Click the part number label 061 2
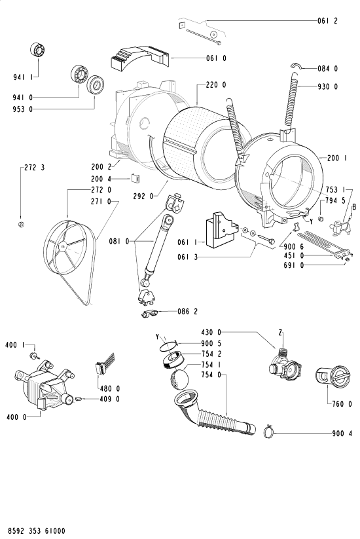pos(327,21)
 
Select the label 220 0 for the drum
pos(216,85)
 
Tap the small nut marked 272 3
pos(20,225)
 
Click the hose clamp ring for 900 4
pos(268,432)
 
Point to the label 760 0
pos(342,404)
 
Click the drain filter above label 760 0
pos(332,378)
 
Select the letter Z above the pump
pos(280,333)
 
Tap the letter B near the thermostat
pos(354,206)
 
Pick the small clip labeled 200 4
pos(135,178)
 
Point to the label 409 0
pos(109,399)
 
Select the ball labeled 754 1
pos(179,379)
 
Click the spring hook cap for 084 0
pos(295,65)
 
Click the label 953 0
pos(23,109)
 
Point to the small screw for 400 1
pos(33,356)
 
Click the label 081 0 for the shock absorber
pos(119,242)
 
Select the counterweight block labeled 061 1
pos(222,229)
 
